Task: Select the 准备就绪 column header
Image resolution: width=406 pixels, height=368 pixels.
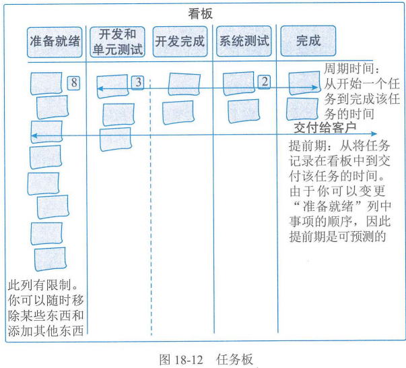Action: point(55,40)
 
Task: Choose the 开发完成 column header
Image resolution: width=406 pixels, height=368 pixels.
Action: point(180,40)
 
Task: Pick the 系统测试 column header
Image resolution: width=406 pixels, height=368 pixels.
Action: point(244,40)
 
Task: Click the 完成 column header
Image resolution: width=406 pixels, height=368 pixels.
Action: point(308,40)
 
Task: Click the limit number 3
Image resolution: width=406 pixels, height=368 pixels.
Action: point(137,82)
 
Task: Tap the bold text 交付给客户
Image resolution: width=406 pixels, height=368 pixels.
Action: point(325,127)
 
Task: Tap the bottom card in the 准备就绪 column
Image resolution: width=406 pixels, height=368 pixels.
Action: point(50,259)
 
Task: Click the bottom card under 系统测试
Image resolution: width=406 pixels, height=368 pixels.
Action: point(243,110)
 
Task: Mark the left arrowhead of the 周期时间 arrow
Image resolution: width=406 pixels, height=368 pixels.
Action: point(98,88)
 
